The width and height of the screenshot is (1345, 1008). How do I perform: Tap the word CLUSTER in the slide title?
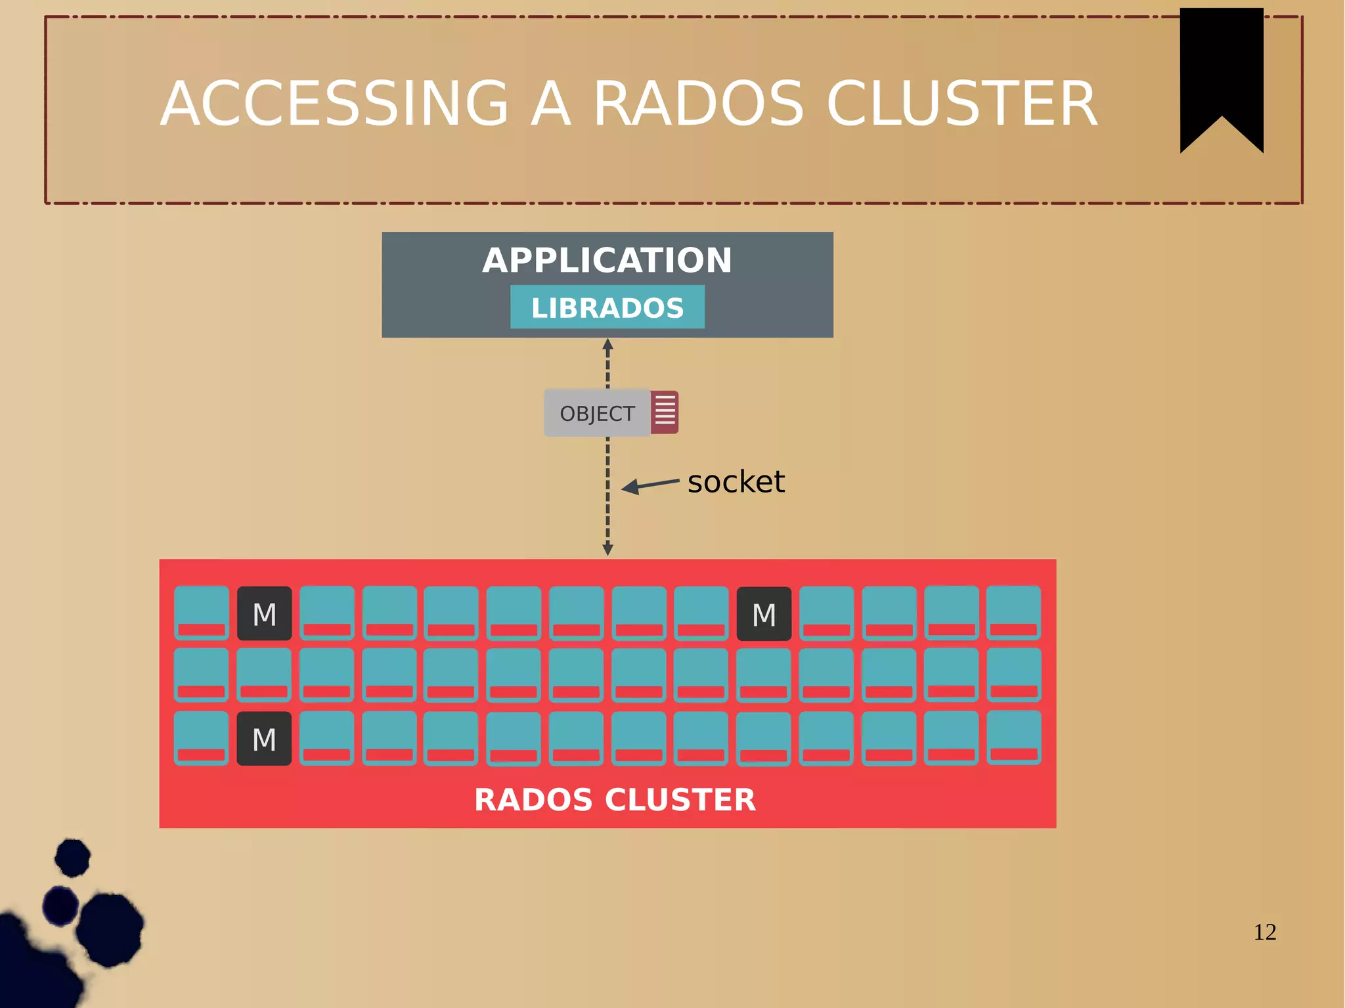961,104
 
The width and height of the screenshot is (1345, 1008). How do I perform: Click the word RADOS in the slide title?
698,104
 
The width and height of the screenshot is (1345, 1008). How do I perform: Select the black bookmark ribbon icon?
1221,72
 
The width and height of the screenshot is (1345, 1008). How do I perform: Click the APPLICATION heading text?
607,260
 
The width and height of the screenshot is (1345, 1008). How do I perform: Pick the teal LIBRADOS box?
607,307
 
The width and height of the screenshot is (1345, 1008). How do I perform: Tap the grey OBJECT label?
597,413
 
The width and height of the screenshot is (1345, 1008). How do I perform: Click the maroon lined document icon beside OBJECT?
665,412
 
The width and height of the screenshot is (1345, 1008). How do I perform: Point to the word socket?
736,482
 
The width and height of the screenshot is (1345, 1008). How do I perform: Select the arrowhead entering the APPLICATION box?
607,345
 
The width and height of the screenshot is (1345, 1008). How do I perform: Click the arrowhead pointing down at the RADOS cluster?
607,549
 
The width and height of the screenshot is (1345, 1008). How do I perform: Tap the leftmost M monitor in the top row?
264,614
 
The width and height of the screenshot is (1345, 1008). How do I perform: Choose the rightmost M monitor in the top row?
764,614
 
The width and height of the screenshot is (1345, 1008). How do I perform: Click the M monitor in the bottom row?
264,739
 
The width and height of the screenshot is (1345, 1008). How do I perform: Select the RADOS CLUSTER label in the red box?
615,800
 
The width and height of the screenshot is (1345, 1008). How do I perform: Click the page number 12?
1264,932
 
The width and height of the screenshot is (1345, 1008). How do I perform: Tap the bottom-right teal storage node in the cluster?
1013,737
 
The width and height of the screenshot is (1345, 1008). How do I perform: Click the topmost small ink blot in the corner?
72,857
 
